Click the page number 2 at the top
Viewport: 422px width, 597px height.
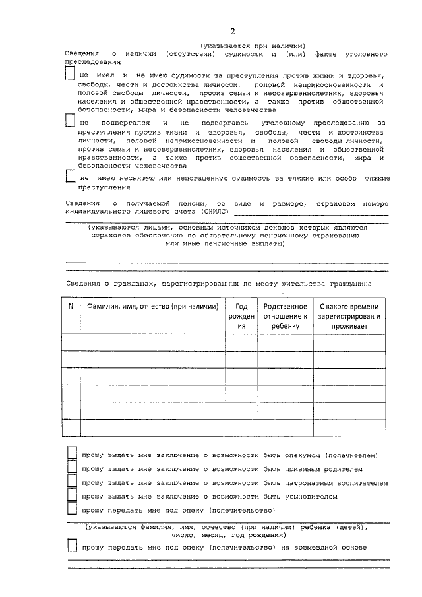tap(233, 32)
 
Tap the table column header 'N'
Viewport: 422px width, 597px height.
tap(71, 306)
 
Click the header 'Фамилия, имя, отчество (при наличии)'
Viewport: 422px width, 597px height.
tap(149, 306)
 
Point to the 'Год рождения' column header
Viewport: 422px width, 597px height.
tap(241, 316)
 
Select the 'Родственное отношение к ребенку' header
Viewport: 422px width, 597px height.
tap(285, 316)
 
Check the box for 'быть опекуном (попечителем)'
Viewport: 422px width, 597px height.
tap(73, 455)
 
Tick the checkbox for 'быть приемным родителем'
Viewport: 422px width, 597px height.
tap(73, 468)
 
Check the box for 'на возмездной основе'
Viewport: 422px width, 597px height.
tap(73, 547)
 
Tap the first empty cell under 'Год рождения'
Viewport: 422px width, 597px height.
tap(241, 342)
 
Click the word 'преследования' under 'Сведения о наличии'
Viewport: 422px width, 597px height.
tap(93, 61)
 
